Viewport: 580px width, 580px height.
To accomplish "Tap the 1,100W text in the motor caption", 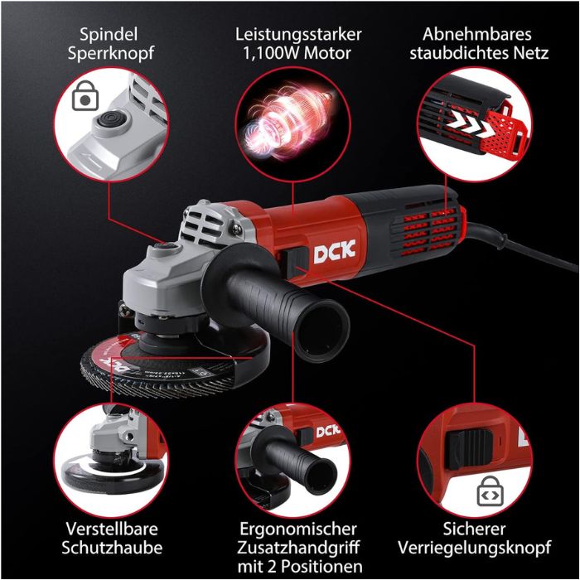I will coord(265,55).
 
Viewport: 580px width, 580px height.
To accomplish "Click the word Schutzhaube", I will coord(112,549).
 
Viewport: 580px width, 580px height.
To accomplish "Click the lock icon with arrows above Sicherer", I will coord(490,494).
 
